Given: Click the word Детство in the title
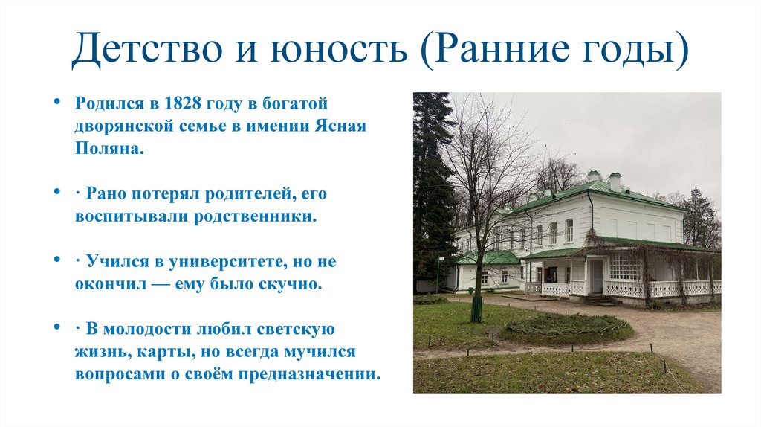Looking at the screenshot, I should tap(146, 50).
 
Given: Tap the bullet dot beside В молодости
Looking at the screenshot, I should tap(58, 327).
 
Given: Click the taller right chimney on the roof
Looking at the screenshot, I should tap(615, 182).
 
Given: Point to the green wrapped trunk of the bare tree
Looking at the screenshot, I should tap(476, 308).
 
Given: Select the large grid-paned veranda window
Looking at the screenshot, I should tap(625, 266).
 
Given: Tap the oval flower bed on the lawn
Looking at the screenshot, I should tap(565, 327).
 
